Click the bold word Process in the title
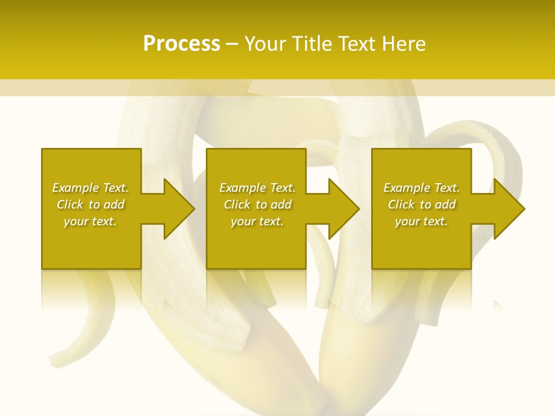click(182, 43)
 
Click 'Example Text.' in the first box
click(90, 188)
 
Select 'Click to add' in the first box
click(90, 205)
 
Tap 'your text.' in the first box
click(90, 221)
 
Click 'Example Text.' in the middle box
click(257, 188)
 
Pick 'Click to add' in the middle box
click(257, 205)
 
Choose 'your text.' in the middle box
click(257, 221)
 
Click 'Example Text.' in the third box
click(421, 188)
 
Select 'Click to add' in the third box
click(421, 205)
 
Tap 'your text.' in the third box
click(421, 221)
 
